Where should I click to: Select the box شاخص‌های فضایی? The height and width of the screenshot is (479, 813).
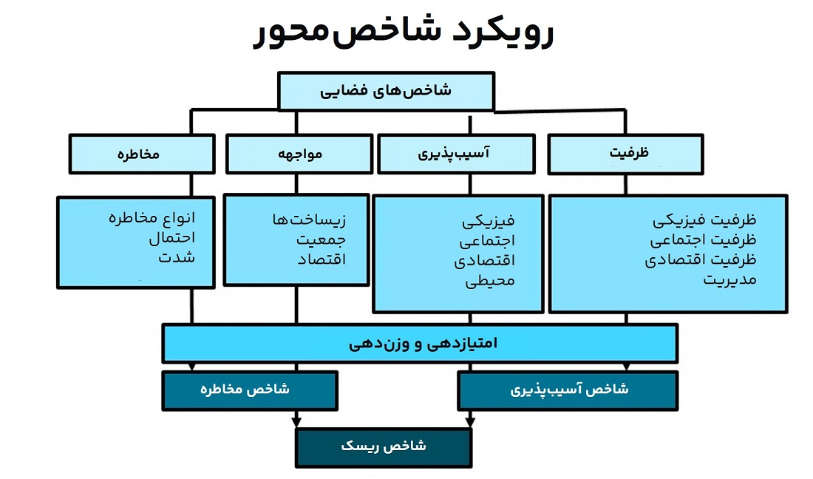[387, 91]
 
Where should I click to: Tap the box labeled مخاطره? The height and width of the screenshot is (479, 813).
[142, 154]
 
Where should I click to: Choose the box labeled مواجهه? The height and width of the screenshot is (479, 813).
[299, 154]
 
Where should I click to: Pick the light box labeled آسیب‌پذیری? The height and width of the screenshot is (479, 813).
[456, 154]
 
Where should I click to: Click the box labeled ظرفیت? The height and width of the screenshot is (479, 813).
[626, 154]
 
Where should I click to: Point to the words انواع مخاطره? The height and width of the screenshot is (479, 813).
[152, 217]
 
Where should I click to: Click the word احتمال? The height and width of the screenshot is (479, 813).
[172, 237]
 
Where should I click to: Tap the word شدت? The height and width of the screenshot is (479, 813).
[177, 257]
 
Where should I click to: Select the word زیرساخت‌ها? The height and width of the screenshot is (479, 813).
[309, 220]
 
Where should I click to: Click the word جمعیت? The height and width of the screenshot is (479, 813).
[321, 239]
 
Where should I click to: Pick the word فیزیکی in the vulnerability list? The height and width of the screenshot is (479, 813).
[489, 221]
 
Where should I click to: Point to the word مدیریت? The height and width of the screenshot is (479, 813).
[729, 280]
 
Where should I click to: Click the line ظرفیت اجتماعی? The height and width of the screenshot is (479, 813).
[703, 240]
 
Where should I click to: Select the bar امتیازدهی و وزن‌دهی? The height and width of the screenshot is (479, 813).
[420, 343]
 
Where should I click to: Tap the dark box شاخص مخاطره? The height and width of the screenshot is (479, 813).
[250, 390]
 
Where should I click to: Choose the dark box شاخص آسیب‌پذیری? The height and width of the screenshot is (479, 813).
[568, 390]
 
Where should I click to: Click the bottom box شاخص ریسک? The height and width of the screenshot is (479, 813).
[384, 447]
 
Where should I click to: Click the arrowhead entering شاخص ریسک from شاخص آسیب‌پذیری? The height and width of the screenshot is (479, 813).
[470, 423]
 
